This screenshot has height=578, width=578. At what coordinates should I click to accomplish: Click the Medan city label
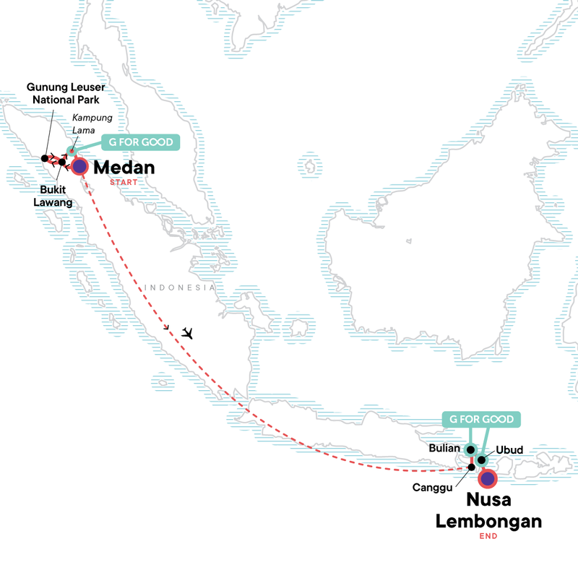point(125,168)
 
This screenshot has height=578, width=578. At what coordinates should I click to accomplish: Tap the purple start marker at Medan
point(79,168)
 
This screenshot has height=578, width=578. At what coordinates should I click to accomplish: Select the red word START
point(124,183)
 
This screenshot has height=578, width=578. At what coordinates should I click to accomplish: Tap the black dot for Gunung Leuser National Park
point(45,158)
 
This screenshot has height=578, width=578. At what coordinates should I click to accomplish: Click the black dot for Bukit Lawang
point(62,162)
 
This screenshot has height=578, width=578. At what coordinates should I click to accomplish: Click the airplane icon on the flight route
point(189,333)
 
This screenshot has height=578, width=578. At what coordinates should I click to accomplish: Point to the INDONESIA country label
point(181,288)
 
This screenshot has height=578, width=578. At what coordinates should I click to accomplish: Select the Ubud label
point(509,449)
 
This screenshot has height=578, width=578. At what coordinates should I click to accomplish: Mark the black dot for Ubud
point(482,460)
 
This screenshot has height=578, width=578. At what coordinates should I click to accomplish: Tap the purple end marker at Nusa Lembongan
point(489,478)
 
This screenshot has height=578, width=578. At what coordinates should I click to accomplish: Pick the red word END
point(488,536)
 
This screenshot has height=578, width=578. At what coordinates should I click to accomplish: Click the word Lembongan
point(488,520)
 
